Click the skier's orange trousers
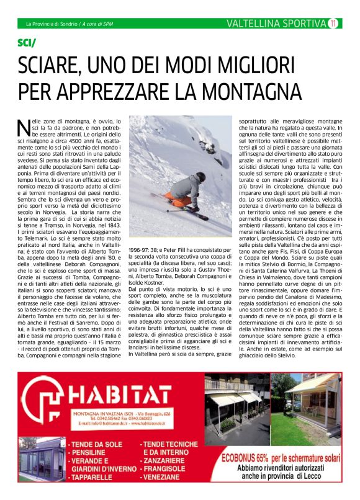(x=182, y=200)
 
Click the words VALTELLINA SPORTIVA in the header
(x=276, y=24)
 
